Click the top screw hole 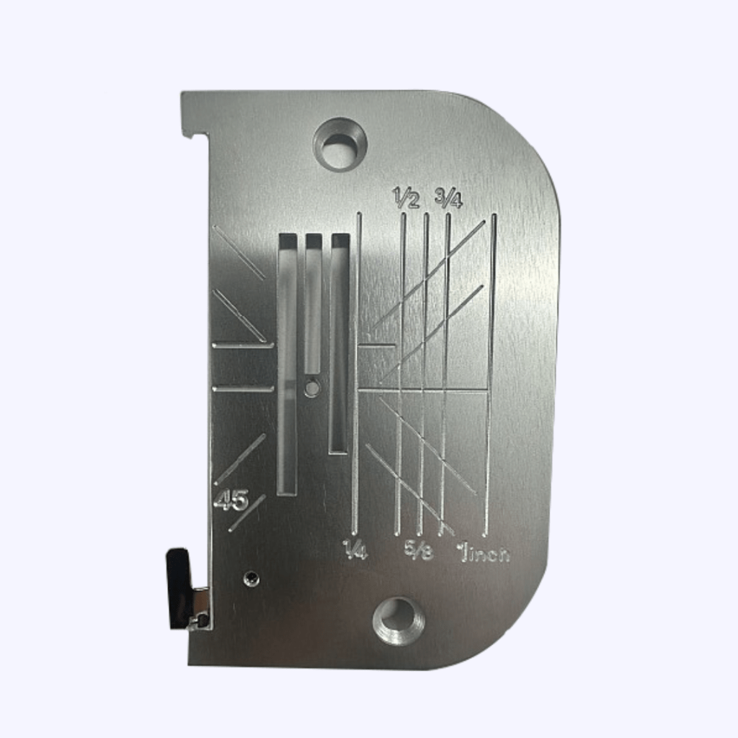(340, 143)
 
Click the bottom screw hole (399, 621)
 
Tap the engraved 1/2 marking (406, 197)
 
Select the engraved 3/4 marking (448, 197)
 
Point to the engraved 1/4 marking (355, 549)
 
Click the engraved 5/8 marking (419, 551)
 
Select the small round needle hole (311, 387)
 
